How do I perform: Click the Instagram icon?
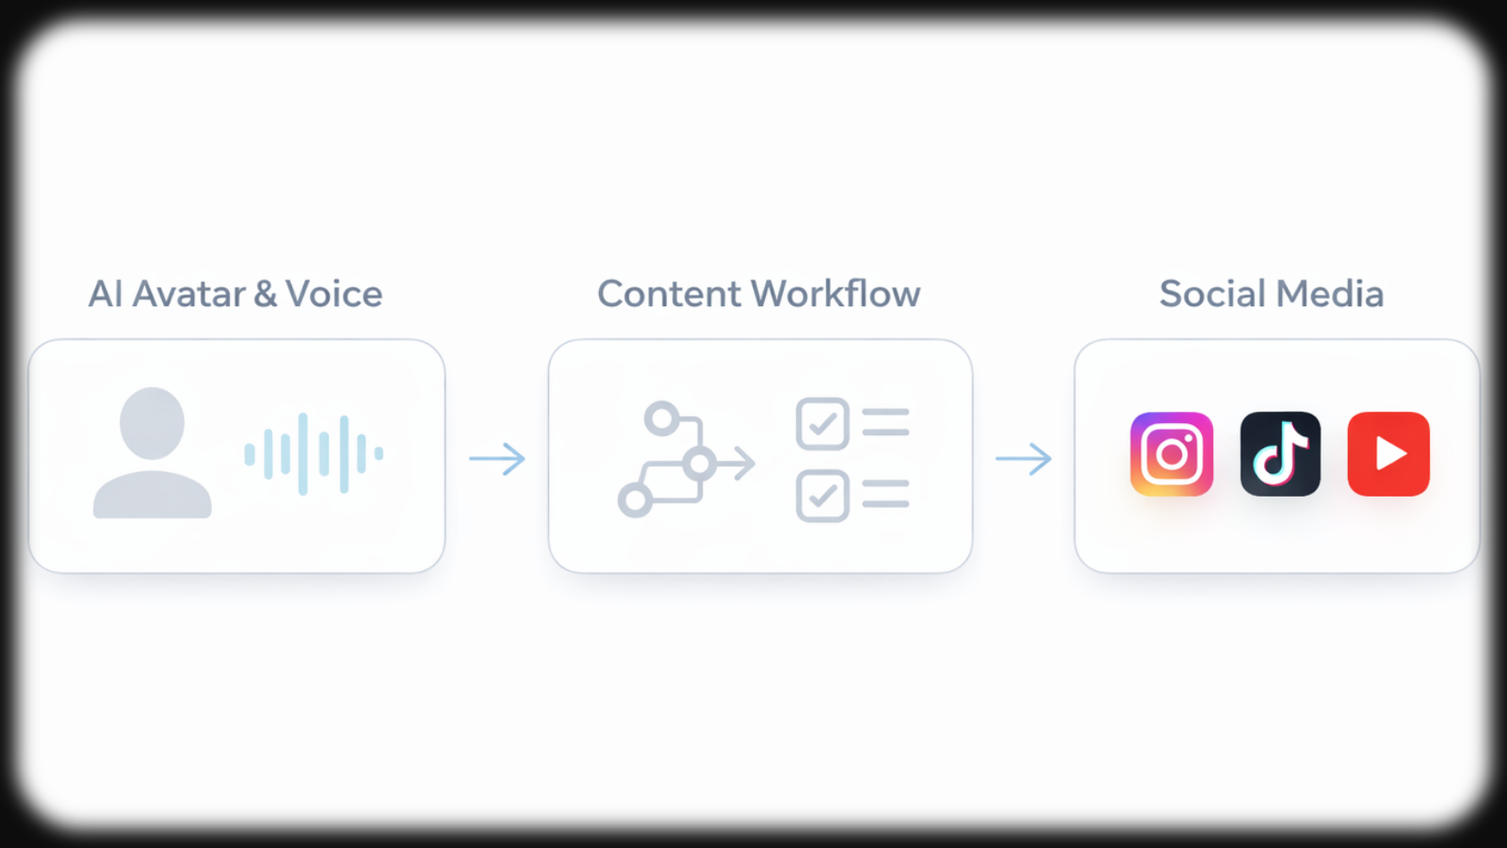tap(1172, 454)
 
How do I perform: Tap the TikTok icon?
tap(1280, 454)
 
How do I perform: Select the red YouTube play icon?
tap(1388, 454)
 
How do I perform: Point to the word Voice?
tap(334, 294)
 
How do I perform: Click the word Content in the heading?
tap(670, 294)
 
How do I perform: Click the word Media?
tap(1330, 294)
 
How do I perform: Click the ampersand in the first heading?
tap(266, 294)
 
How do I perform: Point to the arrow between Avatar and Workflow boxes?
tap(497, 459)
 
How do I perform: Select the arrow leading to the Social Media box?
tap(1024, 459)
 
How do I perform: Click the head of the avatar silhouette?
tap(152, 423)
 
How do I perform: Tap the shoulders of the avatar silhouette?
tap(152, 497)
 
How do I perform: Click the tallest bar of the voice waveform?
tap(303, 453)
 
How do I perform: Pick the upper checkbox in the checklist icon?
tap(822, 424)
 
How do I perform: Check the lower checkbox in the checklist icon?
tap(822, 496)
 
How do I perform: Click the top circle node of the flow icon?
tap(662, 418)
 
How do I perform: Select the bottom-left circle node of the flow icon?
tap(635, 500)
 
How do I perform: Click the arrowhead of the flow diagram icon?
tap(746, 464)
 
